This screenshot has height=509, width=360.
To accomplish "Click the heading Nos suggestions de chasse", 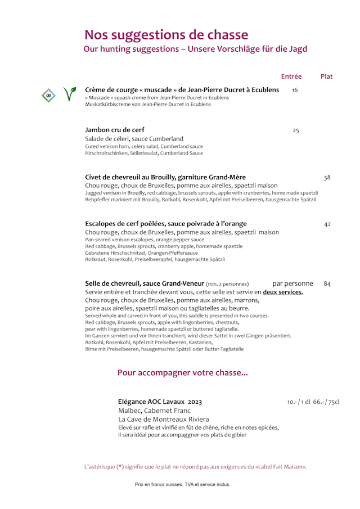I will click(166, 35).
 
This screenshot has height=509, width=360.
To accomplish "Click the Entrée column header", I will click(291, 76).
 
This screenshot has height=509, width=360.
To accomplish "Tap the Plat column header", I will click(326, 76).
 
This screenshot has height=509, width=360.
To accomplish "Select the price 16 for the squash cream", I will click(295, 90).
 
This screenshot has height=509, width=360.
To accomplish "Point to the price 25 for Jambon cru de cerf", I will click(296, 130).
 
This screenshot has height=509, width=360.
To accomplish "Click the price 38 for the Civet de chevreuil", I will click(327, 178).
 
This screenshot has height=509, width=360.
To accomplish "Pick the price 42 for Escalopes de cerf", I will click(327, 224).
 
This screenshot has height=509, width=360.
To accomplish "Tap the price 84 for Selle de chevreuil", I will click(327, 283).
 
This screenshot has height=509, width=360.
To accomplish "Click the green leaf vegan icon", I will click(70, 94).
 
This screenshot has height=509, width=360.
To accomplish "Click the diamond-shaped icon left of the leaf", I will click(49, 95).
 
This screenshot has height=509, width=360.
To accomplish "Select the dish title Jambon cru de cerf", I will click(115, 130).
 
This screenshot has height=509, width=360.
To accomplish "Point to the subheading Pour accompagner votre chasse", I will click(182, 372).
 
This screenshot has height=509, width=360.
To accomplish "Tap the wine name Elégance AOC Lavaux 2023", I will click(160, 402).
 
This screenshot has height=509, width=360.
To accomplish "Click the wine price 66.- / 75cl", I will click(326, 402).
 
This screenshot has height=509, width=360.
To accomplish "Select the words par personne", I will click(293, 283).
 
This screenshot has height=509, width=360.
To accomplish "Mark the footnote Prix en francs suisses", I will click(182, 484).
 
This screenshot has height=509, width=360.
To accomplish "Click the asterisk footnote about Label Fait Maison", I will click(195, 466).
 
